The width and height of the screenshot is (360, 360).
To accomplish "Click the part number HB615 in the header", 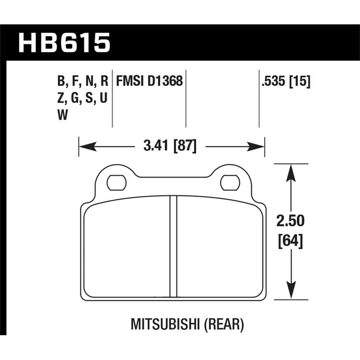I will pos(63,43).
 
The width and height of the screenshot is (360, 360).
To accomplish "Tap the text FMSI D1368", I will pos(149,81).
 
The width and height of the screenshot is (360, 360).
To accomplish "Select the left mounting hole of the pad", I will pos(116,182).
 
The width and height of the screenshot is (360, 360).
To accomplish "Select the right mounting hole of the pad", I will pos(229,182).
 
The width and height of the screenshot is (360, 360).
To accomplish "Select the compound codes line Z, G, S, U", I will pos(81,99).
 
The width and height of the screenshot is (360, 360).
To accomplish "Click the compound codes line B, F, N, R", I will pos(83,81).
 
